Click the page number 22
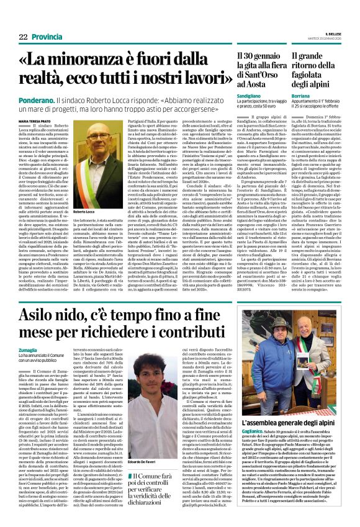click(23, 37)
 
